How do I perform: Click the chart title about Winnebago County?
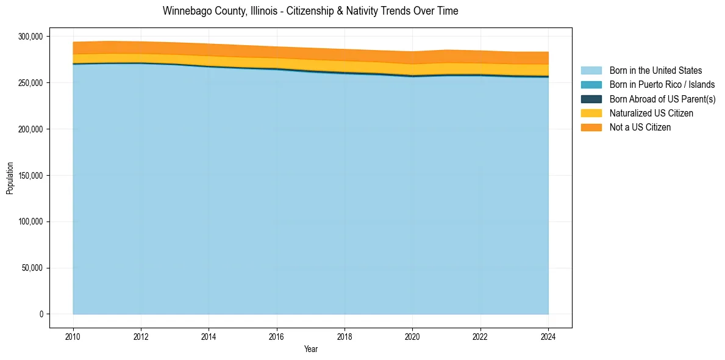[310, 11]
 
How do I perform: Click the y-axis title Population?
[10, 178]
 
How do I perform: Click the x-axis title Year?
[310, 350]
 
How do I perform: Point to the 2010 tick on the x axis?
[73, 336]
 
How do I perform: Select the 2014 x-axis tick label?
[209, 336]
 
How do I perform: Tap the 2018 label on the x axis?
[345, 336]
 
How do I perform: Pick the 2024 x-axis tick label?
[548, 336]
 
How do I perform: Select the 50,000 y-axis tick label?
[32, 268]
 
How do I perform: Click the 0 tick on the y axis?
[41, 314]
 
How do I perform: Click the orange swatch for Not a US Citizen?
[591, 128]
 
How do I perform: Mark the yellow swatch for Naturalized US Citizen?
[591, 113]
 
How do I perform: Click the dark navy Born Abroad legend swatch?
[591, 99]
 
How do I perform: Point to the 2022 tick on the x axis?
[480, 336]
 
